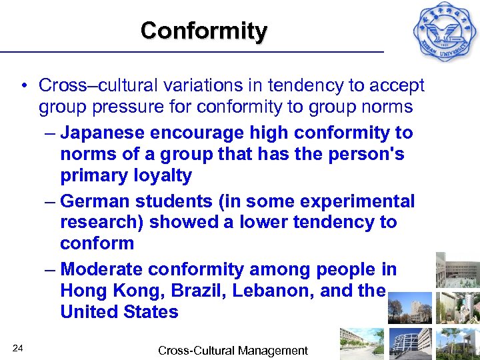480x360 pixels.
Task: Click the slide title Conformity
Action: click(203, 31)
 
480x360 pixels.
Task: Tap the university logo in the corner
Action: click(444, 31)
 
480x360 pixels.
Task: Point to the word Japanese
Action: click(102, 133)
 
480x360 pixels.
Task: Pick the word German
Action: click(95, 201)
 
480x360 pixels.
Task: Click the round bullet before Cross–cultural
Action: click(23, 86)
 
